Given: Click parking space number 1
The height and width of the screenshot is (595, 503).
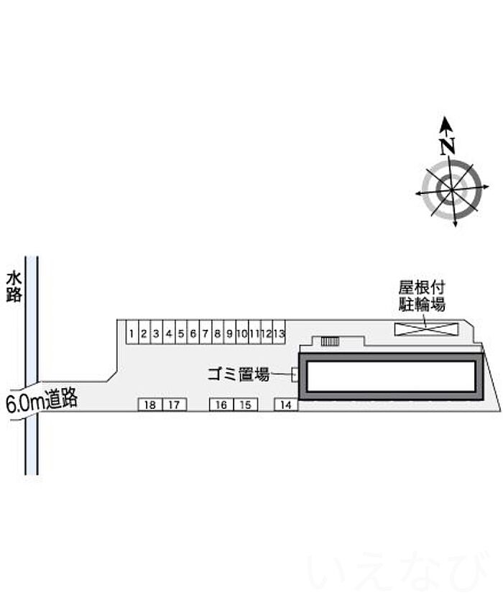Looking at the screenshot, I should tap(132, 333).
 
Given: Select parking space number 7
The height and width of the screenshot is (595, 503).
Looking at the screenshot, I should tap(206, 333).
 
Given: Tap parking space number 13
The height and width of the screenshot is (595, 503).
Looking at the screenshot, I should tap(280, 333).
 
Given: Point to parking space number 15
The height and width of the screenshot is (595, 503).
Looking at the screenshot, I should tap(245, 405).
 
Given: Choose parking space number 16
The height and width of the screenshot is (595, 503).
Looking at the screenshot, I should tap(221, 405).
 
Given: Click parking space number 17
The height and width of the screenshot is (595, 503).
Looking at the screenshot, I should tap(174, 405).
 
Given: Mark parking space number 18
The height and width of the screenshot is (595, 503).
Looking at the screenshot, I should tap(149, 405).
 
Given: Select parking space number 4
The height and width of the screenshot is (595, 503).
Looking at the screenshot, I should tap(168, 333).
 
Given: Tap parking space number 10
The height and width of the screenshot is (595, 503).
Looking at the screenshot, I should tap(242, 333).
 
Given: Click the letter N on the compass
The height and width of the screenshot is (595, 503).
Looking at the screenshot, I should tap(448, 146).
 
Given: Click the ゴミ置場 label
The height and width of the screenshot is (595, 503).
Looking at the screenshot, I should tap(238, 374).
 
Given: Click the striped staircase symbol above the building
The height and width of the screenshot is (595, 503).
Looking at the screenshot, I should tap(329, 342).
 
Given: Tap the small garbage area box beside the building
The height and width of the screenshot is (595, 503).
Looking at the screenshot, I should tap(295, 374).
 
